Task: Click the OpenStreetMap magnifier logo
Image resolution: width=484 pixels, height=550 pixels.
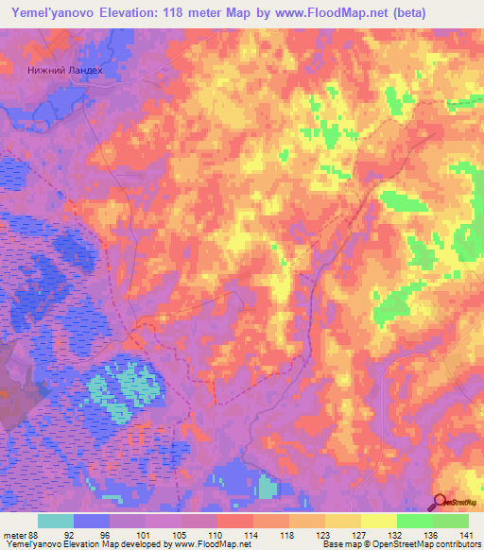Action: [441, 501]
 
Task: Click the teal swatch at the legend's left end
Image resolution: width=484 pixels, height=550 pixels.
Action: [56, 521]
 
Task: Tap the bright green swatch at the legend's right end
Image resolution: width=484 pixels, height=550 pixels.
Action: [450, 521]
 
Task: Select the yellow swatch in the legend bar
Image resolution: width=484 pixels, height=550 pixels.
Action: [378, 521]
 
